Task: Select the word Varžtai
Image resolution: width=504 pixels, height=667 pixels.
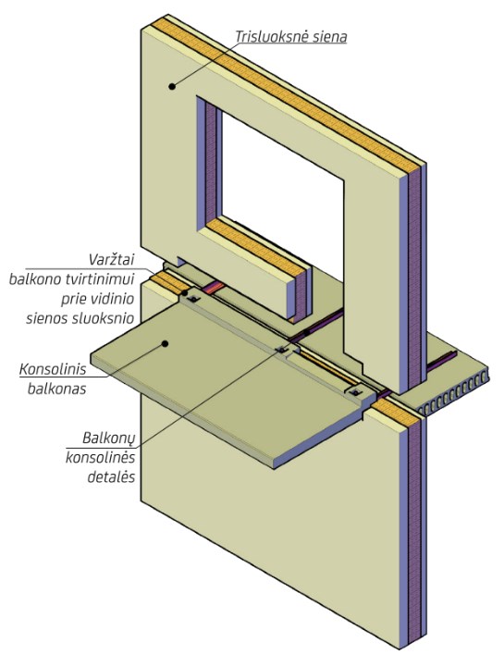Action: click(111, 259)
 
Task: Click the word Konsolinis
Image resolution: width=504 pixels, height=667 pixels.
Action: click(53, 369)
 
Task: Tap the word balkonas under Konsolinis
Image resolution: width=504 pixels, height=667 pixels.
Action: click(56, 389)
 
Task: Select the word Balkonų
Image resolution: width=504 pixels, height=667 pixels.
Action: click(109, 438)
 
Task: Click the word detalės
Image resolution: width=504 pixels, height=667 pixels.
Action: click(111, 476)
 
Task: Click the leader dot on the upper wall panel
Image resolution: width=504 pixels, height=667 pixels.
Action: click(172, 86)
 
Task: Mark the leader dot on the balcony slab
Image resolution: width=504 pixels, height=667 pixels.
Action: click(166, 343)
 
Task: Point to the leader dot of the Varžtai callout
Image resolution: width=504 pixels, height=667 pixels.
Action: click(185, 292)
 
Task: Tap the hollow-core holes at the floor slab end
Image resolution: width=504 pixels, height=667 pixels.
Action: click(453, 393)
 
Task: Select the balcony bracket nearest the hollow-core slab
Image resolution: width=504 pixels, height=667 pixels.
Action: click(354, 392)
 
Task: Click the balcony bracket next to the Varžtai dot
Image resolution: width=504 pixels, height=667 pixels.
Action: click(194, 300)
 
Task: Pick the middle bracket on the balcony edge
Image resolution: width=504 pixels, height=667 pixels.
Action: click(282, 350)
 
